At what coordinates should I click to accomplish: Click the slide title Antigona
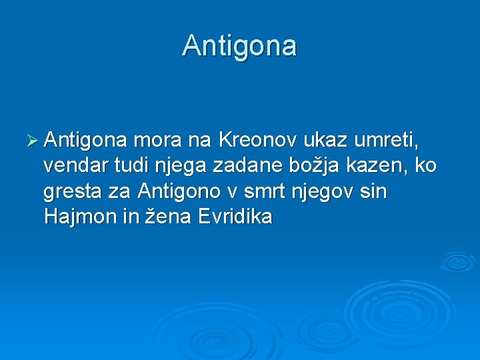coord(239,46)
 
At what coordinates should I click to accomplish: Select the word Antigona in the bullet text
coord(85,141)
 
